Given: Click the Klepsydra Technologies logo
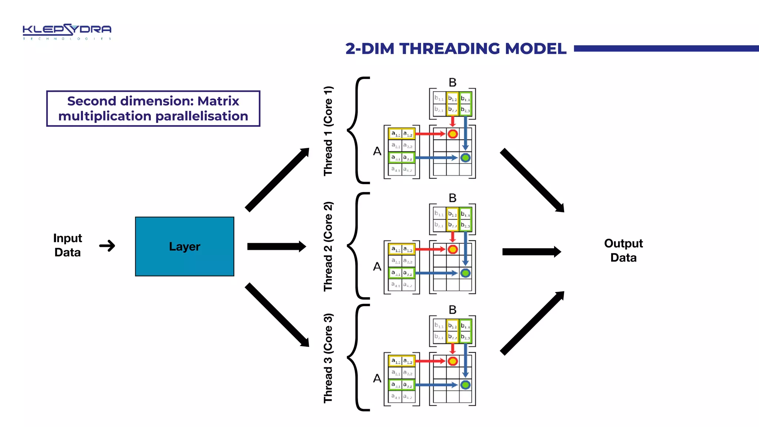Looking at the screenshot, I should [x=67, y=32].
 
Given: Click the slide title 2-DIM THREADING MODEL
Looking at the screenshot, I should [x=455, y=49].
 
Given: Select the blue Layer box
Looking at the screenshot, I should [x=185, y=246].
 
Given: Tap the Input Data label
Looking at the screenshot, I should [x=67, y=245].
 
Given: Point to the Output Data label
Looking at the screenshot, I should [x=623, y=250].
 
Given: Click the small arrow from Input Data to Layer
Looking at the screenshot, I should [x=107, y=246].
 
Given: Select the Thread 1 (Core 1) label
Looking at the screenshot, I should [x=328, y=131].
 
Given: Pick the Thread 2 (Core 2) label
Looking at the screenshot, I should [x=328, y=246].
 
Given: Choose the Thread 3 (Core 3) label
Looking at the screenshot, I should [x=328, y=358].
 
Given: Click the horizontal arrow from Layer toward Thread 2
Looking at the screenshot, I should [x=276, y=246].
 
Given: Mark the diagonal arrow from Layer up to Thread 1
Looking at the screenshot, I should [x=277, y=180].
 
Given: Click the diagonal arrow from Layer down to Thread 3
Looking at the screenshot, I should [x=277, y=315].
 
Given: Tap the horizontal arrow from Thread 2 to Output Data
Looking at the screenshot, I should [x=531, y=252].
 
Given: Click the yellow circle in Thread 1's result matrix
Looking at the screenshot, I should [x=453, y=134].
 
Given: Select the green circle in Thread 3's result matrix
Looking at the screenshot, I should [x=465, y=385].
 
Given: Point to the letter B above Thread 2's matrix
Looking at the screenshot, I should [x=453, y=198].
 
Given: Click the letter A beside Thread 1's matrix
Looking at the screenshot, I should [x=377, y=151].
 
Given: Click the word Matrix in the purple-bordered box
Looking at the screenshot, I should [x=218, y=101].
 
